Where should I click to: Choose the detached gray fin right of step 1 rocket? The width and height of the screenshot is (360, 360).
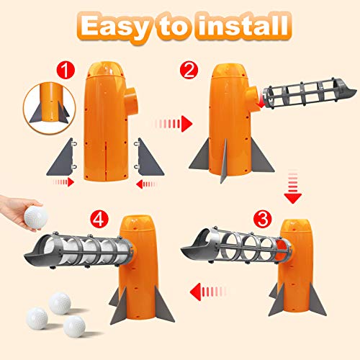148,159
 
